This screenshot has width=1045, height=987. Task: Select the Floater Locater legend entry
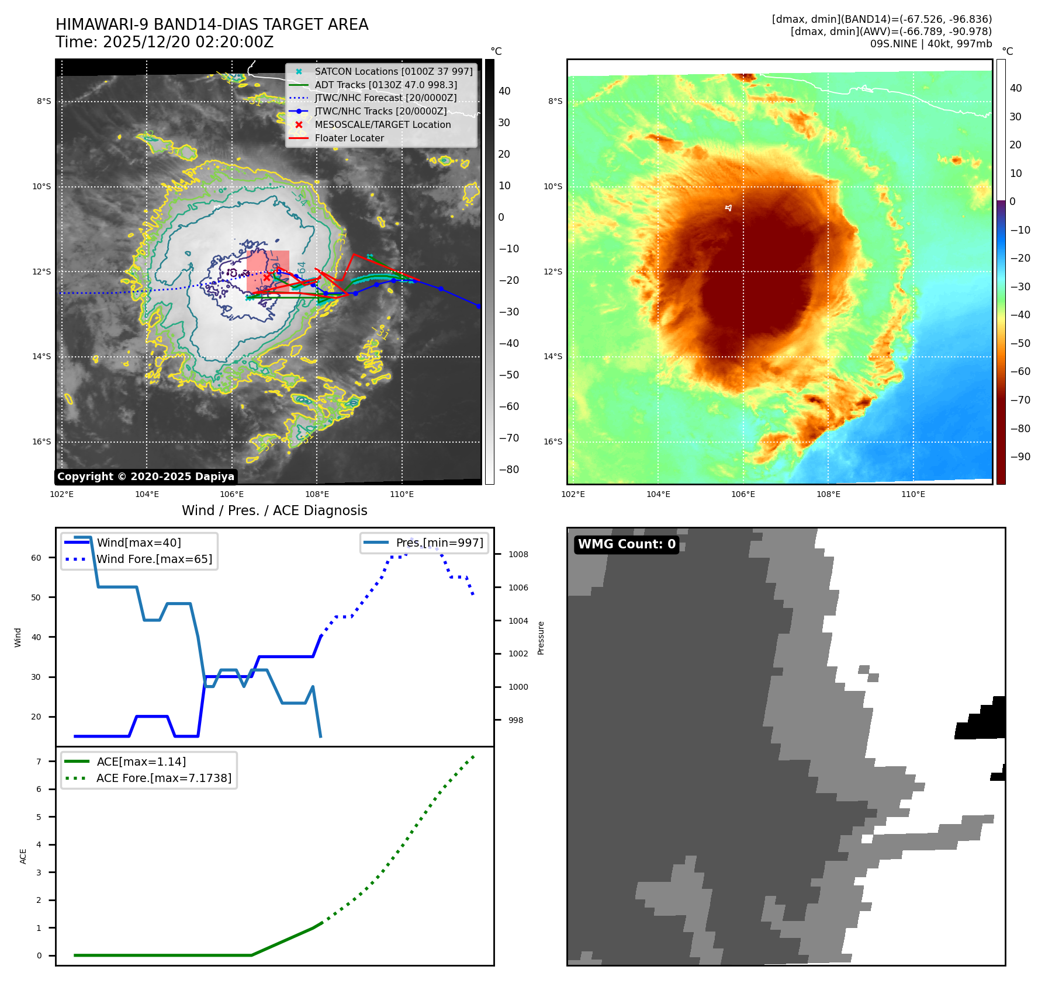tap(349, 138)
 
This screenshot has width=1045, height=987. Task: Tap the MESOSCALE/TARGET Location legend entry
tap(382, 125)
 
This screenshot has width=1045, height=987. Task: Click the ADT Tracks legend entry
tap(385, 85)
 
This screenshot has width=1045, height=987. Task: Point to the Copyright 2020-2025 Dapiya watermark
tap(146, 477)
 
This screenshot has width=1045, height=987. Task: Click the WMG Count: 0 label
tap(627, 544)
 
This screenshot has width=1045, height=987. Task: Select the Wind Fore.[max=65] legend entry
tap(154, 559)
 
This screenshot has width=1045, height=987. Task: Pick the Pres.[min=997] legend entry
tap(440, 543)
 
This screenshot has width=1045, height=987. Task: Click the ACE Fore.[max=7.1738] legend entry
tap(164, 779)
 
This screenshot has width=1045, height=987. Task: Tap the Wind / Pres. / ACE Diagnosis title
tap(274, 511)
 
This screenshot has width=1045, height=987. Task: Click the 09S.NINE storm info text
tap(930, 44)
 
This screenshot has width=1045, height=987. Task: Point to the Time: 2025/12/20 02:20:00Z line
tap(164, 43)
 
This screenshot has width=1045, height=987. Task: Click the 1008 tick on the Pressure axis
tap(518, 555)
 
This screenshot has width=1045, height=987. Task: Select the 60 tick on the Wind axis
tap(36, 558)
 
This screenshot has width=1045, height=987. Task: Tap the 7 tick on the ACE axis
tap(39, 762)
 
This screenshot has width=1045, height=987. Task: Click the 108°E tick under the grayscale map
tap(317, 495)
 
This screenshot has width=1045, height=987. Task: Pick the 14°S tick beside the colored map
tap(553, 357)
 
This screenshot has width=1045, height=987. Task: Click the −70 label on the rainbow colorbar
tap(1020, 401)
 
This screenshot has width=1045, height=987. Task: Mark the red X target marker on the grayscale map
tap(267, 278)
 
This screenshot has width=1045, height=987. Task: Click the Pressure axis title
tap(541, 638)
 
